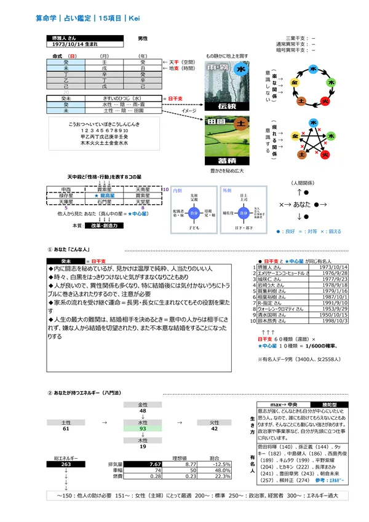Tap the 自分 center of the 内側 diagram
[194, 212]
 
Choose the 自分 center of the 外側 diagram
[245, 212]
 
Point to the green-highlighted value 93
[143, 428]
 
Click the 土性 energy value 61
[66, 428]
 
